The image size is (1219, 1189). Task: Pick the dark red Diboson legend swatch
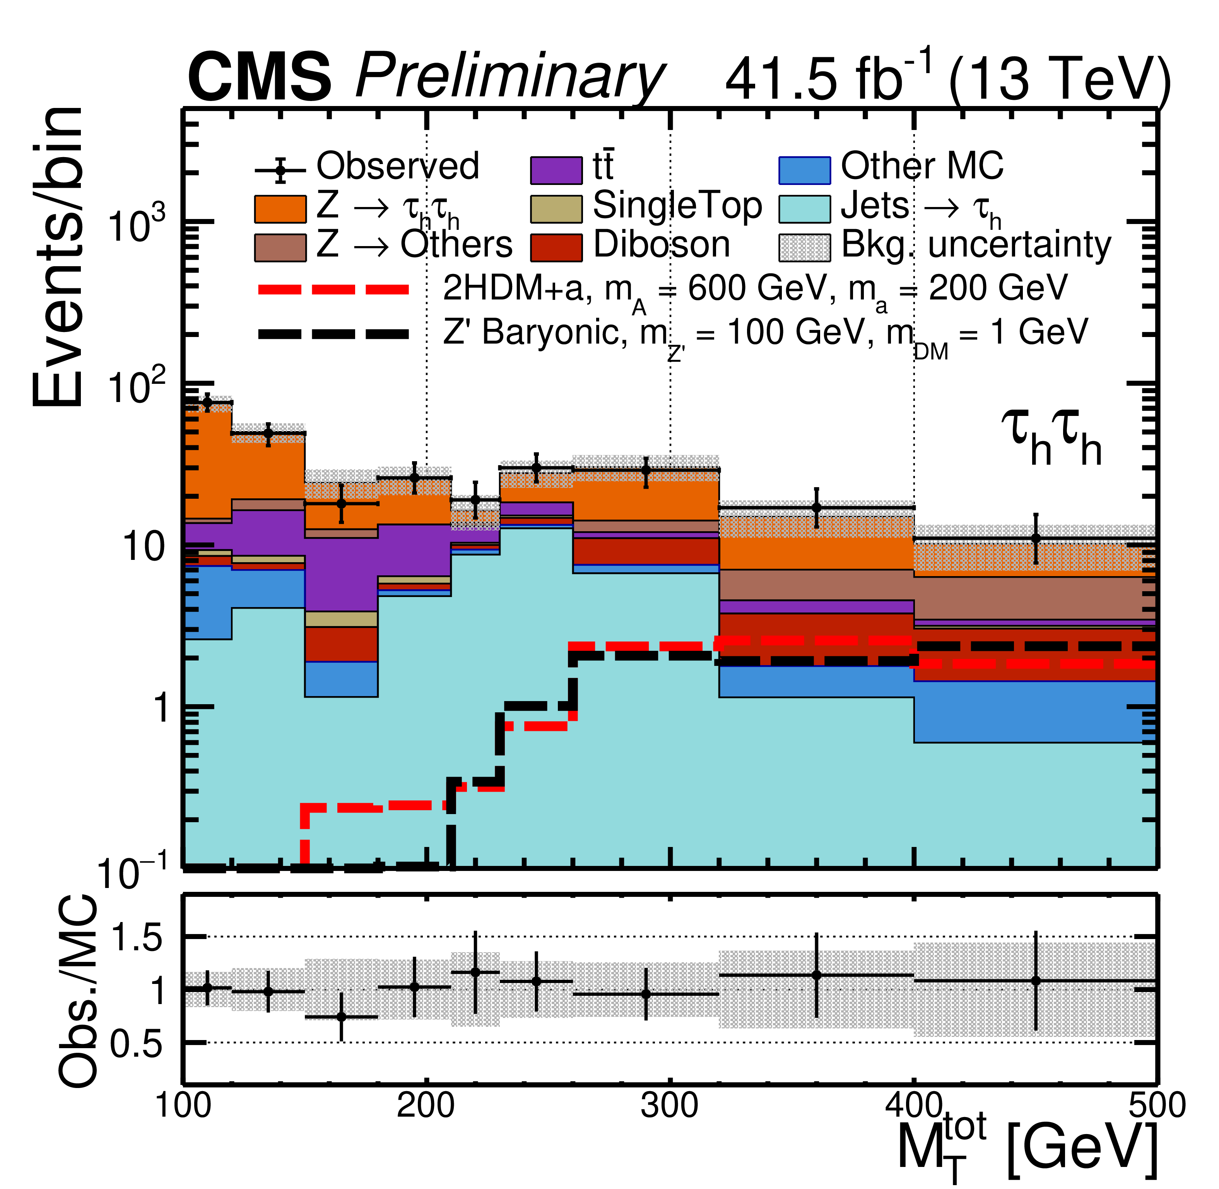tap(556, 247)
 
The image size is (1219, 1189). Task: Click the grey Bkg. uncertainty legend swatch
tap(804, 247)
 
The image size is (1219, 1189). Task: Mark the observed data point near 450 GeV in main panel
tap(1035, 538)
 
